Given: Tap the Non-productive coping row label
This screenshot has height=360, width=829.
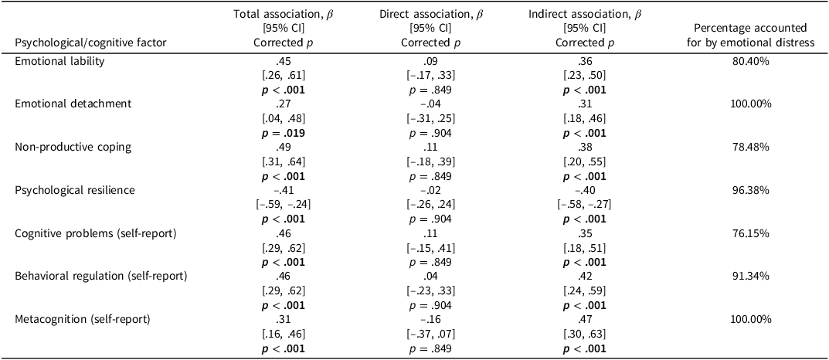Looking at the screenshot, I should tap(62, 146).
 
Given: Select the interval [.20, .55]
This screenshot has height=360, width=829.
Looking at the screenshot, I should tap(574, 161).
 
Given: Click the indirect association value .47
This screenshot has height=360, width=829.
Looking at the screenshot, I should tap(574, 317).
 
